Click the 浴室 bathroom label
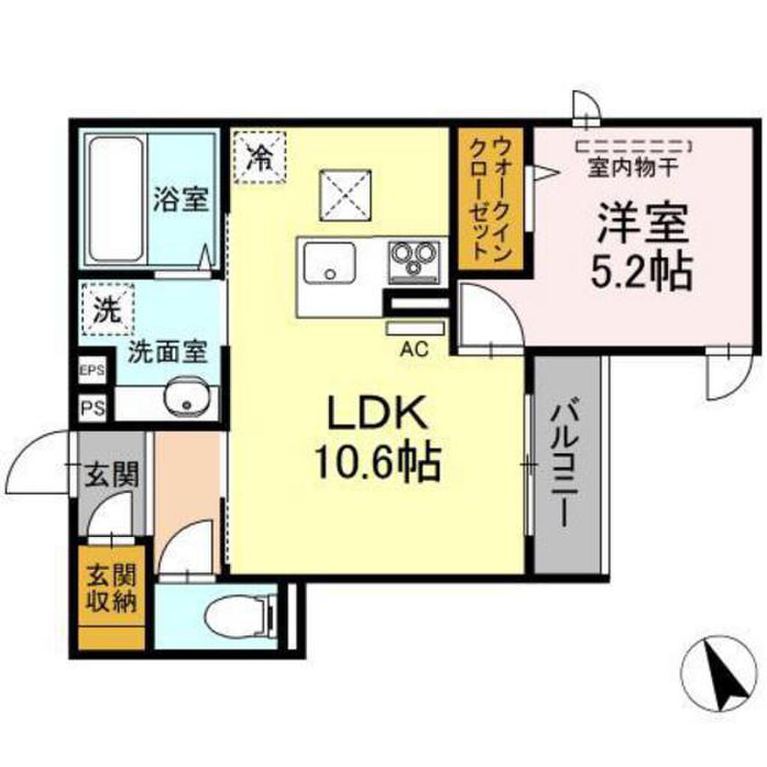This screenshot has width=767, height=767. click(181, 199)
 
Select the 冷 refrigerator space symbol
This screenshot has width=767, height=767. click(259, 157)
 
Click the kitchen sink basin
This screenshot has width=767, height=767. click(330, 263)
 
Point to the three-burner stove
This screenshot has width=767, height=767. click(413, 263)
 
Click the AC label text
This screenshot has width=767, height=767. click(414, 349)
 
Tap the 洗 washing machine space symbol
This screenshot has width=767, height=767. click(108, 309)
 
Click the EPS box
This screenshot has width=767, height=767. click(92, 370)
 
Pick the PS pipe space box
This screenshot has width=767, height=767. click(93, 407)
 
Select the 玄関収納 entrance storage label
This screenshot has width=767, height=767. click(112, 589)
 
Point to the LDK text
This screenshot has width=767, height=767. click(375, 412)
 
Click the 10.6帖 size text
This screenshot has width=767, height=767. click(378, 463)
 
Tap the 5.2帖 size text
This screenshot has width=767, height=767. click(641, 272)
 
